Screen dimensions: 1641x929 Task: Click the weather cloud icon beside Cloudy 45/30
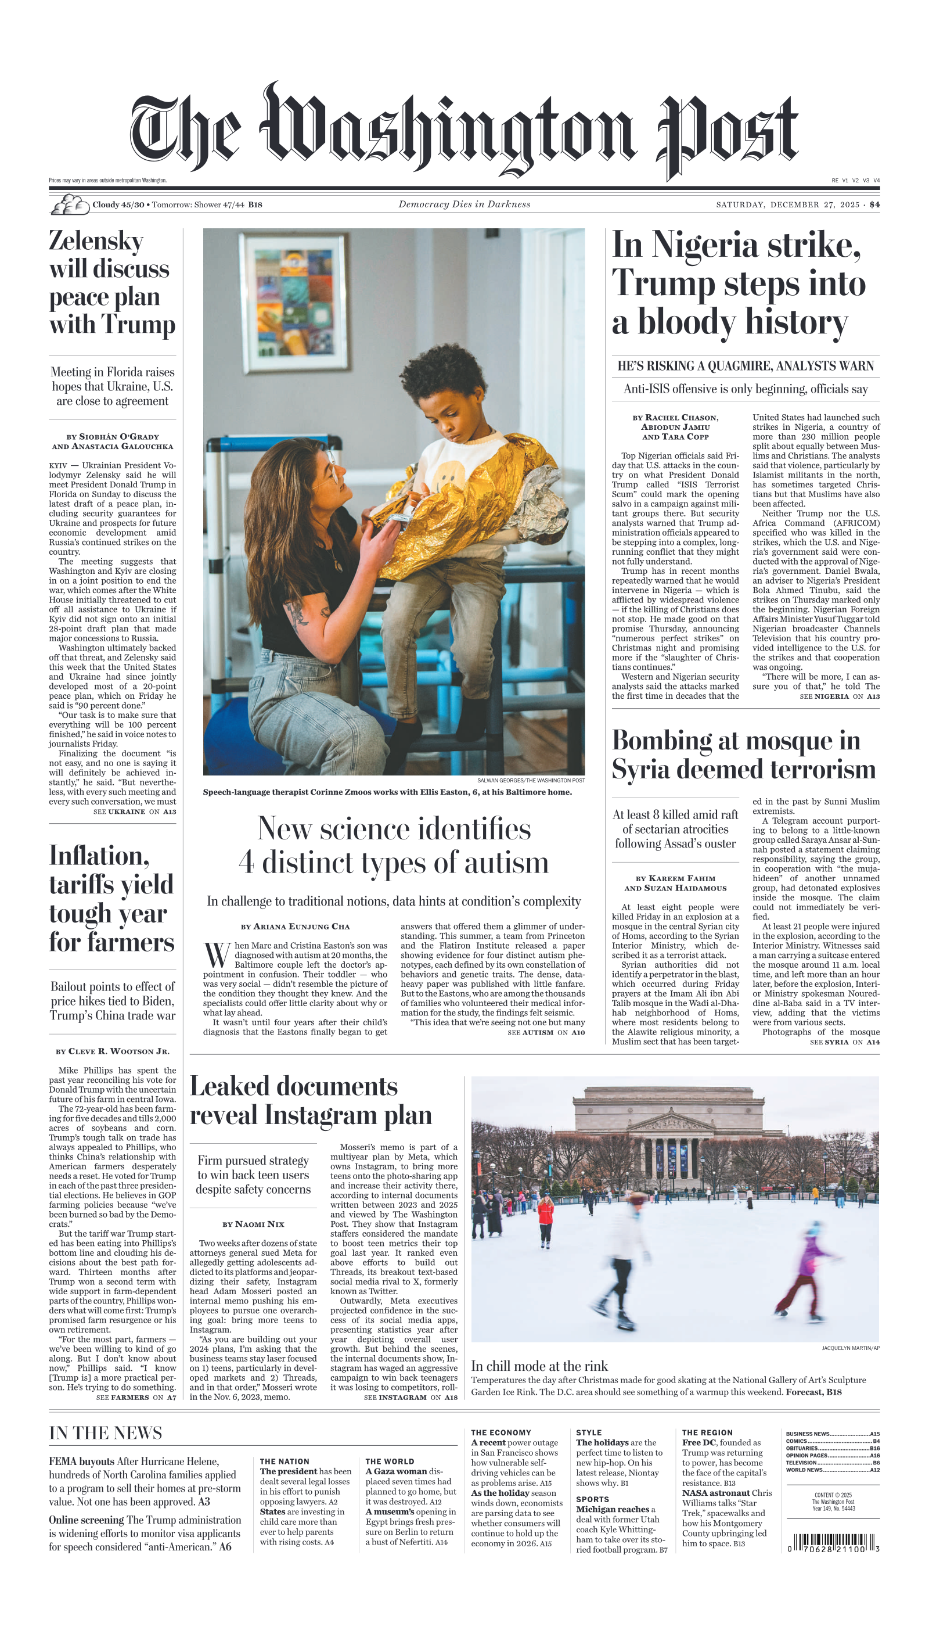tap(70, 205)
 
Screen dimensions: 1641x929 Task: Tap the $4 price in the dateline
tap(874, 205)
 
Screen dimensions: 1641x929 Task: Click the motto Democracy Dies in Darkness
tap(464, 204)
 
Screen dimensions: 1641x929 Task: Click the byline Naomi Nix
tap(253, 1224)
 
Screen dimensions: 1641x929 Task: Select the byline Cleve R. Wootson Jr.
tap(112, 1051)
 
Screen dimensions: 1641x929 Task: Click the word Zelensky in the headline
tap(96, 241)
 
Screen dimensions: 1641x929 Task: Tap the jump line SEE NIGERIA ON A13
tap(839, 696)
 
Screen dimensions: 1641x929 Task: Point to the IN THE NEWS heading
tap(105, 1433)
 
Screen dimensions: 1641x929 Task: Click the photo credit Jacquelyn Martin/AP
tap(850, 1348)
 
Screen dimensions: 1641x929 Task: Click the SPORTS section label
tap(592, 1499)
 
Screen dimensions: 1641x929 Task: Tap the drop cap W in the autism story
tap(217, 955)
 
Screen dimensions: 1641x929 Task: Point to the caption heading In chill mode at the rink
tap(539, 1366)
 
